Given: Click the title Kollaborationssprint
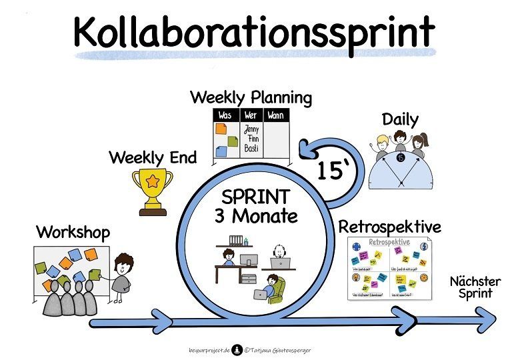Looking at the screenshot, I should [x=254, y=31].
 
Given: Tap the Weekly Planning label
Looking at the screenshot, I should [x=251, y=98].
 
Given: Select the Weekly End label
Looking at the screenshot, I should [x=153, y=158].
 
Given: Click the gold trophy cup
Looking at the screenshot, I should [x=152, y=190].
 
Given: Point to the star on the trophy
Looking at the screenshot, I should [x=152, y=180].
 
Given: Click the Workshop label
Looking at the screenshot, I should [x=73, y=233].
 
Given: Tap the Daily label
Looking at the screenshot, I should [x=400, y=120].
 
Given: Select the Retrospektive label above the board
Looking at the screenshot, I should [x=389, y=227].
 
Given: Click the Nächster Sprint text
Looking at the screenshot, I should [x=471, y=287].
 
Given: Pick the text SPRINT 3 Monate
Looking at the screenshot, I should [x=255, y=207].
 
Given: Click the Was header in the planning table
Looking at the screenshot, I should [x=225, y=116].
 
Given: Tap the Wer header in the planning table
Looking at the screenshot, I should [x=251, y=116].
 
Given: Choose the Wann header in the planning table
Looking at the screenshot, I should [x=274, y=116].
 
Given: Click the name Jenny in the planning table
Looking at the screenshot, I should [x=251, y=129].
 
